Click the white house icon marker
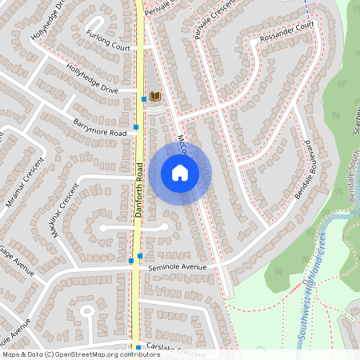[x=180, y=172]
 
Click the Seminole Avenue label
[x=178, y=267]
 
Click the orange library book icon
[x=155, y=97]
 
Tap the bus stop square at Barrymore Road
[x=137, y=126]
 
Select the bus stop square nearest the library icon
[x=144, y=99]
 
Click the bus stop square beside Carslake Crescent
[x=138, y=348]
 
